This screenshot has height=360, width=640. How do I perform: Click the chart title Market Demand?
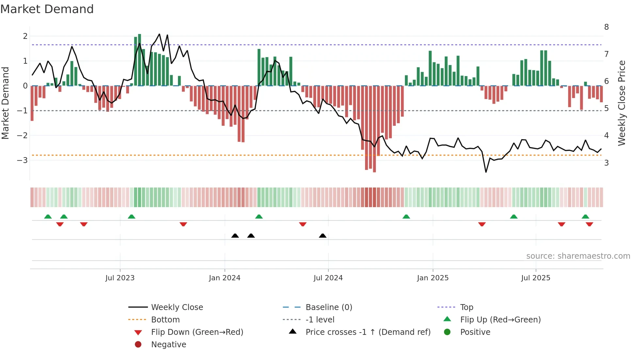pos(47,9)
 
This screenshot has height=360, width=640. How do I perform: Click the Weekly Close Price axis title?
pos(622,103)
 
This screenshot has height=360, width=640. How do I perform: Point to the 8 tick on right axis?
pos(606,27)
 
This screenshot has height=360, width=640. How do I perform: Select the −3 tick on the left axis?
pos(22,160)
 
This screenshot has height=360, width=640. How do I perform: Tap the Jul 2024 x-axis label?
pos(328,278)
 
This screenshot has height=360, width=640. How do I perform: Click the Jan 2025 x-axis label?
pos(433,278)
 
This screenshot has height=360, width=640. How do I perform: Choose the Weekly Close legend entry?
pos(177,307)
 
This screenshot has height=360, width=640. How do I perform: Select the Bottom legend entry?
pos(165,320)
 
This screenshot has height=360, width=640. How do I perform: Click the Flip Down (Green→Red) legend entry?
pos(197,332)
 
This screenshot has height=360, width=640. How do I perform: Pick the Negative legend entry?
pos(168,345)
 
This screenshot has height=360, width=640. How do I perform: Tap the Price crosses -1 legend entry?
pos(368,332)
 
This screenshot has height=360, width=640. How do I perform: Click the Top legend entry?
pos(467,307)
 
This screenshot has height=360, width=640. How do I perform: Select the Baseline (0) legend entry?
pos(328,307)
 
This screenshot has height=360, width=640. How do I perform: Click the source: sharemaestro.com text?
pos(578,256)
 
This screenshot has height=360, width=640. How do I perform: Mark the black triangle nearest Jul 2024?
pos(323,236)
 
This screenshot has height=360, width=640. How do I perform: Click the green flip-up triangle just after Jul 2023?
pos(132,217)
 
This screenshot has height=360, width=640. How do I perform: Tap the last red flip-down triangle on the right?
pos(589,224)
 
